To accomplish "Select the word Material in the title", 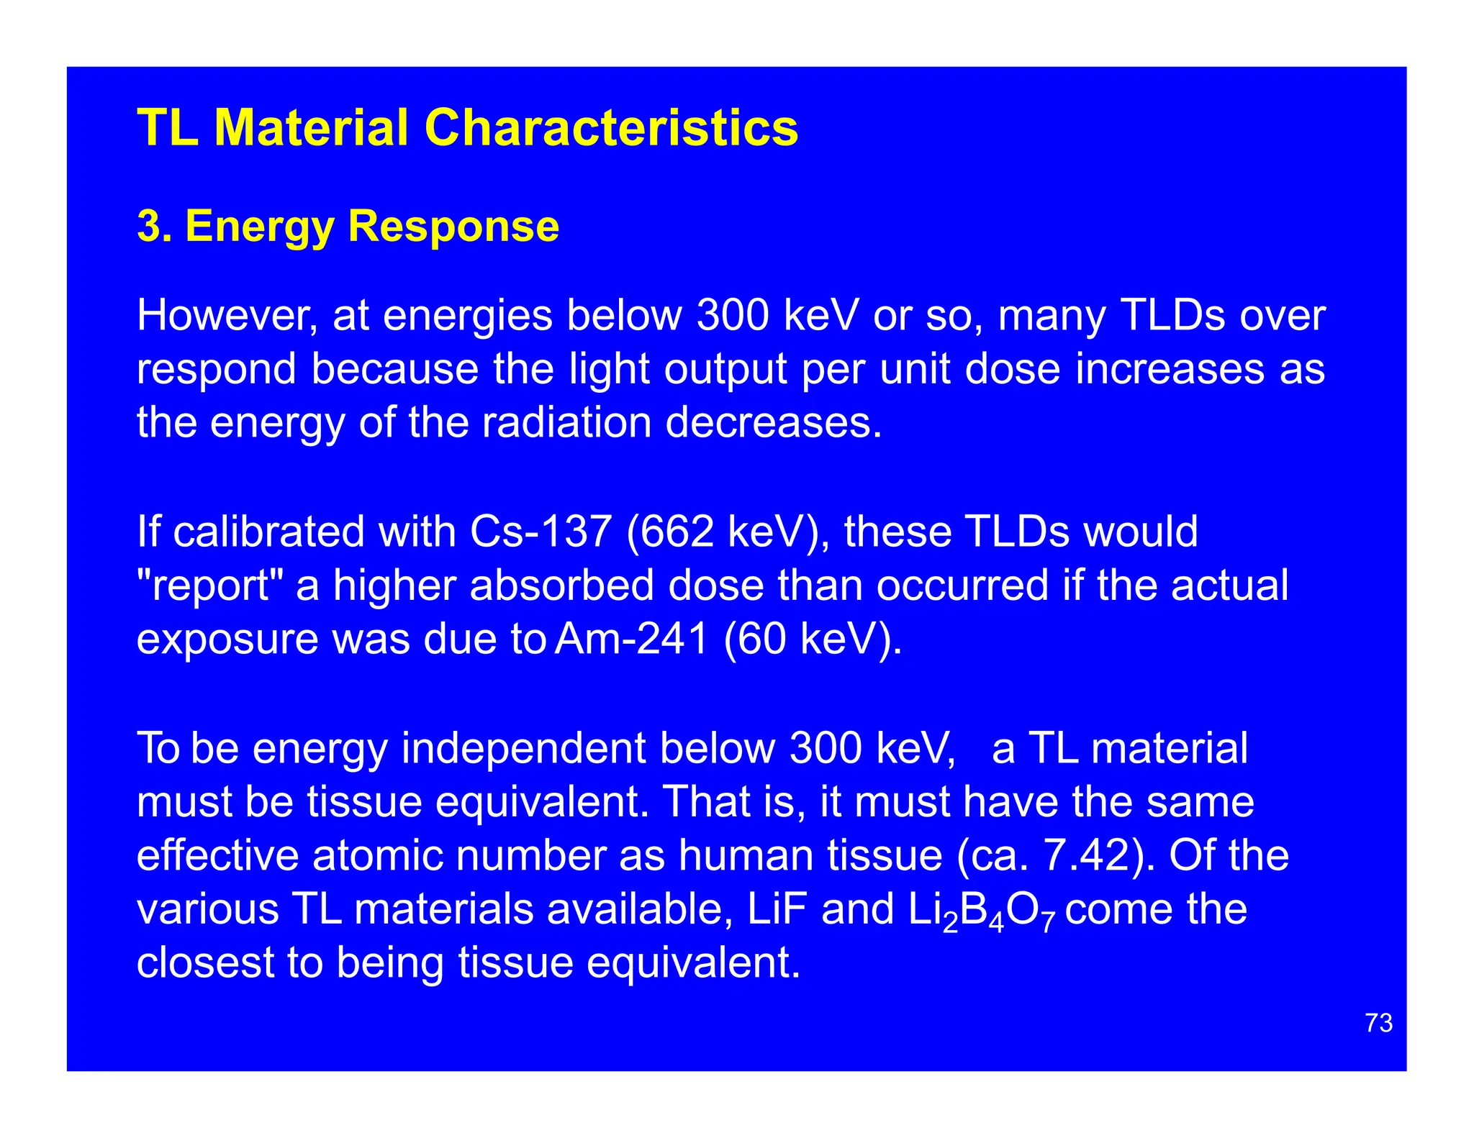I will click(x=312, y=128).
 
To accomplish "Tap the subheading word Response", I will click(x=453, y=226).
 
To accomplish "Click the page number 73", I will click(x=1378, y=1023).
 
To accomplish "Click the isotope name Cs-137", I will click(x=540, y=532).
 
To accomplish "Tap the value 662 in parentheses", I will click(x=677, y=532).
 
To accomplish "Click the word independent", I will click(x=523, y=748).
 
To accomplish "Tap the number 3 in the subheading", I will click(x=148, y=226).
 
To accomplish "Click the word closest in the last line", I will click(x=206, y=962).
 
